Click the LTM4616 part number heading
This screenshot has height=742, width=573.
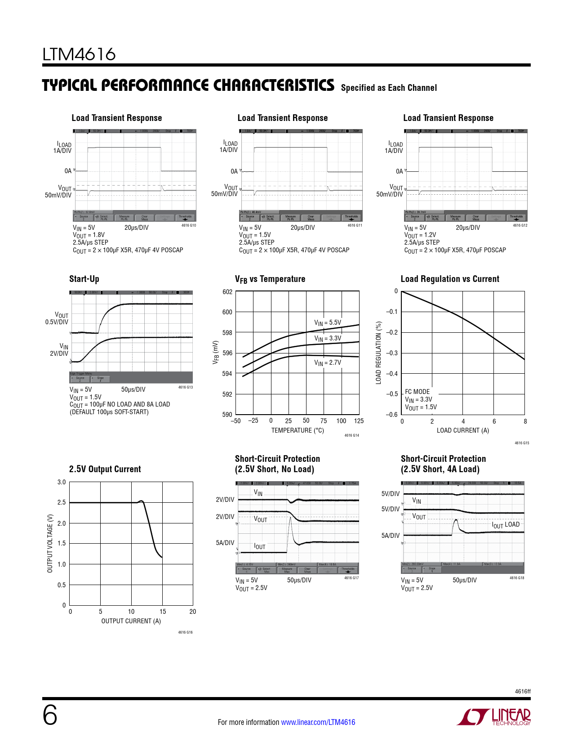pyautogui.click(x=79, y=54)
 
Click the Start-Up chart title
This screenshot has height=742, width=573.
pyautogui.click(x=84, y=279)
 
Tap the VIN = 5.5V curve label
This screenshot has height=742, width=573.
pyautogui.click(x=328, y=322)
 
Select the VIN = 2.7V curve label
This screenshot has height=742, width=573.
pyautogui.click(x=328, y=362)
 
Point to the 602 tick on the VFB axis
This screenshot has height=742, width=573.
pyautogui.click(x=227, y=292)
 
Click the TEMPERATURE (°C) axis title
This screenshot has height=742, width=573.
pyautogui.click(x=298, y=430)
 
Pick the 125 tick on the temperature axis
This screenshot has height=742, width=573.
pyautogui.click(x=359, y=421)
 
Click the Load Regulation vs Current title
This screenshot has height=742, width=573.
pyautogui.click(x=450, y=279)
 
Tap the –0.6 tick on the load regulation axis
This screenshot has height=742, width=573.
pyautogui.click(x=392, y=415)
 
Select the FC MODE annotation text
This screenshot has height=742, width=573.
pyautogui.click(x=418, y=392)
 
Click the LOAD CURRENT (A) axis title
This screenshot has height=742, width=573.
pyautogui.click(x=463, y=430)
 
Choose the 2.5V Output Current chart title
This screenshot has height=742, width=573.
pyautogui.click(x=105, y=469)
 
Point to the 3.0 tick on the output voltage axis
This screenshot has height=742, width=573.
pyautogui.click(x=62, y=482)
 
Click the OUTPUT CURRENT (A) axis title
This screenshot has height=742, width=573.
pyautogui.click(x=131, y=621)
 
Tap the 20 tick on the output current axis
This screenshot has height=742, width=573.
pyautogui.click(x=193, y=612)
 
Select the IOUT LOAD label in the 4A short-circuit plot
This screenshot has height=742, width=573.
pyautogui.click(x=506, y=525)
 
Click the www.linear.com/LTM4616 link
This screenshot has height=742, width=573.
pyautogui.click(x=318, y=722)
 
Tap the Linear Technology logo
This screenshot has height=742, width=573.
pyautogui.click(x=494, y=717)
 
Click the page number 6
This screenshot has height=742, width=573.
pyautogui.click(x=50, y=715)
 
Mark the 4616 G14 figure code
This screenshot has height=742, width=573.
pyautogui.click(x=351, y=435)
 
